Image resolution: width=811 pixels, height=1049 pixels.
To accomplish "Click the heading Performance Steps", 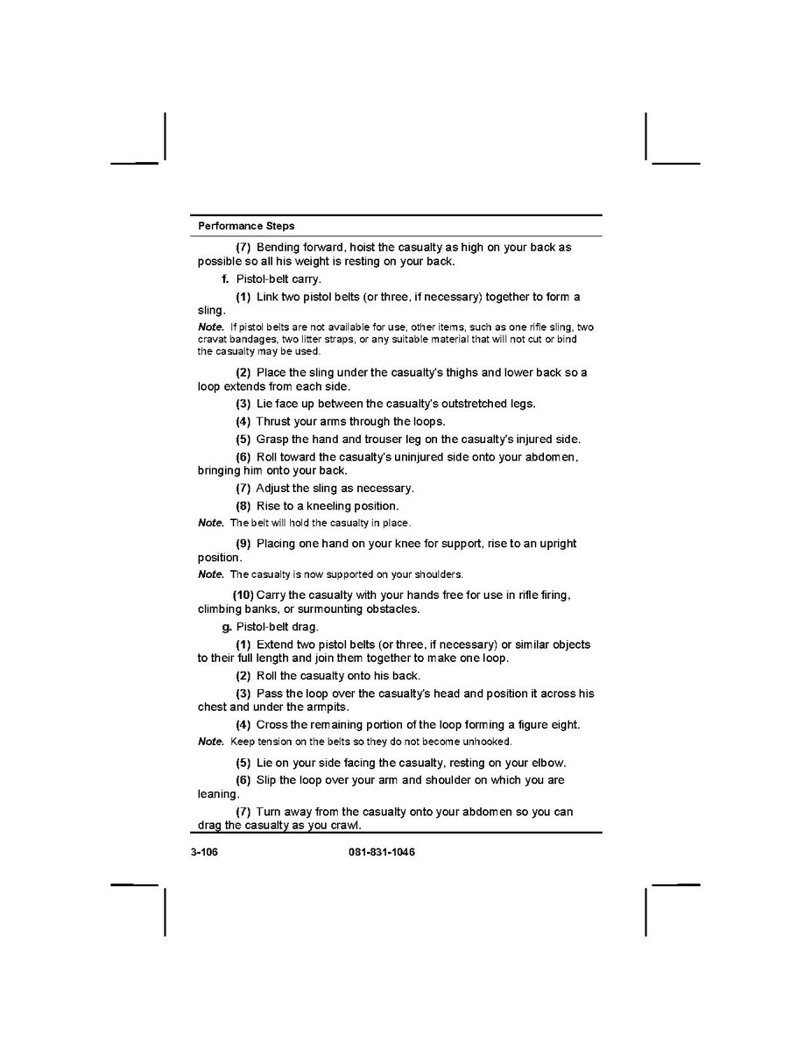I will (246, 226).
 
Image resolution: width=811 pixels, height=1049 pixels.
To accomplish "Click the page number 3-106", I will (203, 852).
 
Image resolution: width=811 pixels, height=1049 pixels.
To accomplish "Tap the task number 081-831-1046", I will (376, 852).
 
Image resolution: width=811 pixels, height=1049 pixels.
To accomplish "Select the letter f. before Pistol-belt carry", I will (226, 279).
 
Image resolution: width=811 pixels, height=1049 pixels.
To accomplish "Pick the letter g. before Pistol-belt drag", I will (227, 627).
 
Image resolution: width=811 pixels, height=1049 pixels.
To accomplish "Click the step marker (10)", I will (243, 595).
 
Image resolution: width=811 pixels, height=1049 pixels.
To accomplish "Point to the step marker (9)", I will (243, 544).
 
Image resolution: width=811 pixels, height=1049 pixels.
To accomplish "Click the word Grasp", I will (272, 440).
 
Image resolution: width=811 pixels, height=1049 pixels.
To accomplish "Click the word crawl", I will (345, 826).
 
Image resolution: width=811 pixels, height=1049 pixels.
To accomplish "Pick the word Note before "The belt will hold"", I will (211, 523).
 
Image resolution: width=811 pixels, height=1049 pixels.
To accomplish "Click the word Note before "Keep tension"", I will (211, 742).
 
